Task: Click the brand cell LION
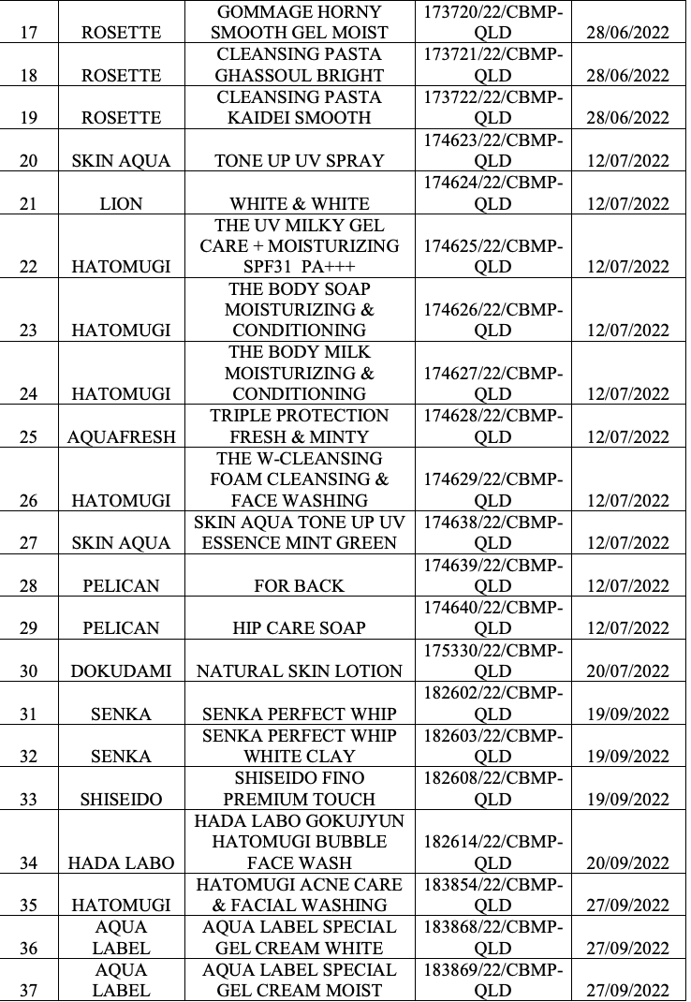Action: [121, 203]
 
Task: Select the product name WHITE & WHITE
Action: [299, 203]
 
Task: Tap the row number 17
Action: [28, 33]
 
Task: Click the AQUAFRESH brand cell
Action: [121, 436]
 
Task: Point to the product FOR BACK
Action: [299, 585]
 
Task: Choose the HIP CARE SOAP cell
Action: [299, 628]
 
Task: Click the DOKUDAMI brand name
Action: [121, 670]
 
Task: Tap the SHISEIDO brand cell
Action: [121, 800]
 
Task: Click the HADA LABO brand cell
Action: [121, 863]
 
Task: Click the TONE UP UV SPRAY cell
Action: [299, 160]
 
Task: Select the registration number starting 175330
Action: [493, 659]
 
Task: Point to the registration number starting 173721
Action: [493, 65]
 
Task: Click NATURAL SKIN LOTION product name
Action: [299, 670]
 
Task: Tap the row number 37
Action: [28, 991]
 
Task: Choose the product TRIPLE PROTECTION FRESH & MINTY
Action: [299, 426]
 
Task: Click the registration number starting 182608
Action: [493, 788]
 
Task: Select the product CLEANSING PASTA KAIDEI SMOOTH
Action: [299, 108]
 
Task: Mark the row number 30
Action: [28, 670]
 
